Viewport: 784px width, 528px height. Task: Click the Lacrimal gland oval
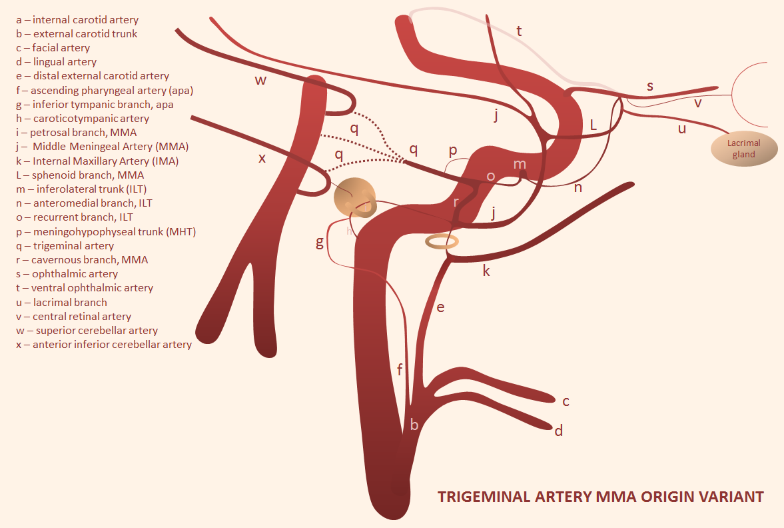click(744, 149)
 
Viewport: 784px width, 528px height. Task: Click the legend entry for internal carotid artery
click(77, 20)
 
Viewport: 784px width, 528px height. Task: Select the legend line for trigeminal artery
click(65, 246)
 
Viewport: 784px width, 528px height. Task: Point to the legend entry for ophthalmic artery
click(67, 274)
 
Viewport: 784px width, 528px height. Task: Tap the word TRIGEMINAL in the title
click(484, 497)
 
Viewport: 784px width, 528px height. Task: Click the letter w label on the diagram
click(260, 81)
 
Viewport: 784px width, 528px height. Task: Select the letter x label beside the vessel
click(262, 159)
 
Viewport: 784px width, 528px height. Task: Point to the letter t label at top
click(519, 31)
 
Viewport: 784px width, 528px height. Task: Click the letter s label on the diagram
click(650, 86)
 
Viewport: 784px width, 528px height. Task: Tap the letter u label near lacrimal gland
click(682, 129)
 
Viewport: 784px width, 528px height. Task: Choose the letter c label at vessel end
click(566, 401)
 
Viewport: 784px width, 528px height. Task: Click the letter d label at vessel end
click(558, 431)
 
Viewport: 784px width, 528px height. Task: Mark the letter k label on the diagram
click(486, 271)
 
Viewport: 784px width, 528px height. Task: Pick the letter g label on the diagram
click(320, 243)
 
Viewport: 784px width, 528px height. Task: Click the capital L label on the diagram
click(593, 125)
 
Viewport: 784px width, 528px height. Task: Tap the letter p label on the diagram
click(453, 151)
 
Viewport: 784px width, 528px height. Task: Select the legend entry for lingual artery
click(57, 62)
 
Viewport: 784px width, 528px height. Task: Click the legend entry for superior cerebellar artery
click(87, 330)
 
